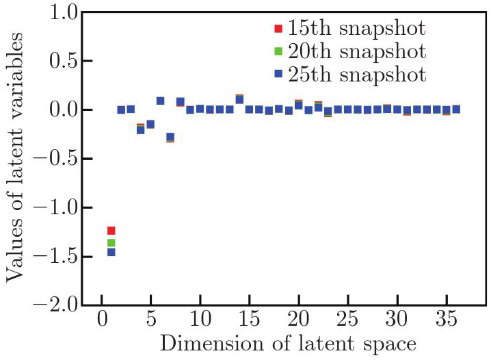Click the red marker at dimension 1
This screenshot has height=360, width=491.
[111, 231]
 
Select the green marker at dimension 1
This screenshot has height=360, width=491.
[111, 243]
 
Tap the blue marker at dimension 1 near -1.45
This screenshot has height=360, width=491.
[111, 253]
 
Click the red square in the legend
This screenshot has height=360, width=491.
[278, 29]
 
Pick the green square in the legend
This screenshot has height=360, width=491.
[278, 51]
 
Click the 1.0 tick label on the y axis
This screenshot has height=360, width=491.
[58, 12]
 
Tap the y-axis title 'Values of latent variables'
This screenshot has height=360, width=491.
[16, 159]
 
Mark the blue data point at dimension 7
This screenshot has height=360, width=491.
[170, 137]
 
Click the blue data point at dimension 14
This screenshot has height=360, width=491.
[239, 100]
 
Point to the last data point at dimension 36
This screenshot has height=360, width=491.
[456, 109]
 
